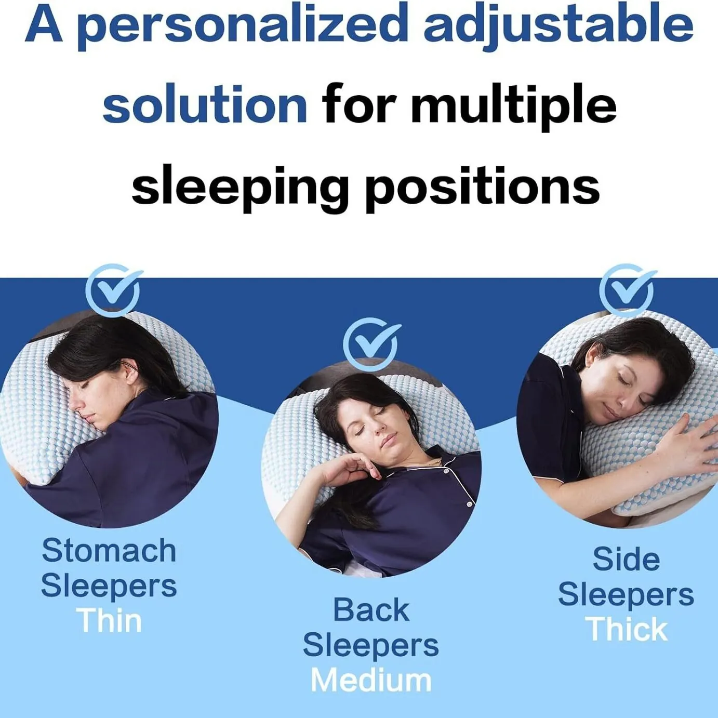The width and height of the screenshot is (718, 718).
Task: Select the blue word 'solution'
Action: click(x=205, y=105)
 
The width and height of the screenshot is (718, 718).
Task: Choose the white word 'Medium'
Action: click(x=371, y=681)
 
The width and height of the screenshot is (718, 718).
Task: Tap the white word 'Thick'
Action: click(x=628, y=629)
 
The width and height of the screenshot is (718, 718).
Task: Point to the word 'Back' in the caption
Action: click(x=371, y=610)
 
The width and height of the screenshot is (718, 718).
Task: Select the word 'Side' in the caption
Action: click(x=627, y=559)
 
